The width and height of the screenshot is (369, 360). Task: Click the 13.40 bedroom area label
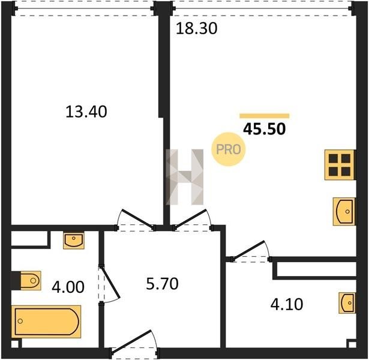click(x=86, y=112)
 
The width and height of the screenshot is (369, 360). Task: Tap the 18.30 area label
click(x=197, y=29)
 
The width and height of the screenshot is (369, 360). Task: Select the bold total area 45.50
click(x=264, y=129)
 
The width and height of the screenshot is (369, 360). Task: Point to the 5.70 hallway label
click(x=162, y=284)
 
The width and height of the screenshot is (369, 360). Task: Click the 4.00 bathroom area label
click(x=68, y=287)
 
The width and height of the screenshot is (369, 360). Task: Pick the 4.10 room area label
click(x=287, y=304)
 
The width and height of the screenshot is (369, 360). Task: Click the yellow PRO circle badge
click(x=228, y=149)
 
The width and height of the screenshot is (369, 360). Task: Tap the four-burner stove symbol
click(x=340, y=165)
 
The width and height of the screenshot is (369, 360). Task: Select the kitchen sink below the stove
click(x=344, y=211)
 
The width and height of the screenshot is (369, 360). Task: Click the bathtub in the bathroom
click(x=46, y=322)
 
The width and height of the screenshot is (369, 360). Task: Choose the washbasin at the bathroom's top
click(x=74, y=240)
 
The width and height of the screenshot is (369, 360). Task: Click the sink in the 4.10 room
click(x=347, y=303)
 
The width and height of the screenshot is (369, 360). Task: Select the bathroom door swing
click(x=109, y=284)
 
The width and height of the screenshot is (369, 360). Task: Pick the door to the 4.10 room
click(x=251, y=251)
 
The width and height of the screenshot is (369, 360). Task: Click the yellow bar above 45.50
click(x=264, y=116)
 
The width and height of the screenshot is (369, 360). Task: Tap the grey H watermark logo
click(x=185, y=177)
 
